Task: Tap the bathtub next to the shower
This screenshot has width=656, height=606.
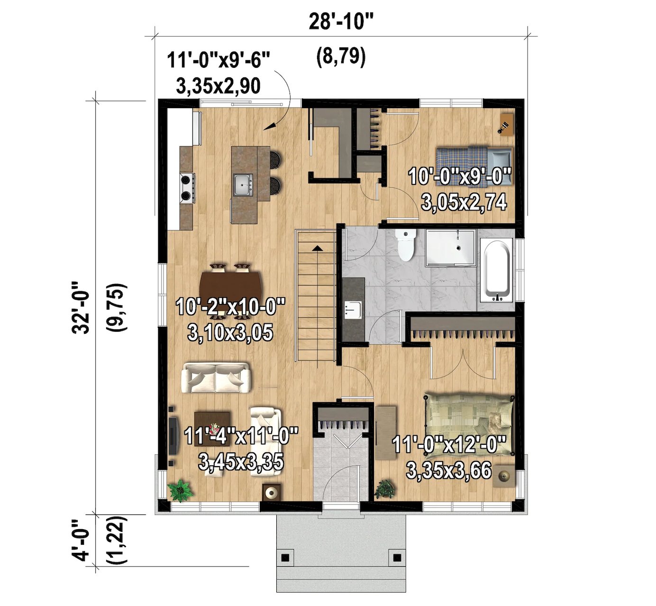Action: point(496,270)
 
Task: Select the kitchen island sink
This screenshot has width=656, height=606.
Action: point(243,184)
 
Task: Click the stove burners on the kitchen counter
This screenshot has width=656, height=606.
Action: point(186,187)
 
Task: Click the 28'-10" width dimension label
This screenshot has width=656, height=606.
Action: point(340,22)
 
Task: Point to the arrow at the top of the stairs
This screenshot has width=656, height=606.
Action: point(316,248)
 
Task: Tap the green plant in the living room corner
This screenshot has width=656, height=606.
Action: point(181,490)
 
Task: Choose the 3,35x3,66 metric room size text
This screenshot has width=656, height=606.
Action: point(448,471)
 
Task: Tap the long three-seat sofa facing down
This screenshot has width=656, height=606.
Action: point(216,378)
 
